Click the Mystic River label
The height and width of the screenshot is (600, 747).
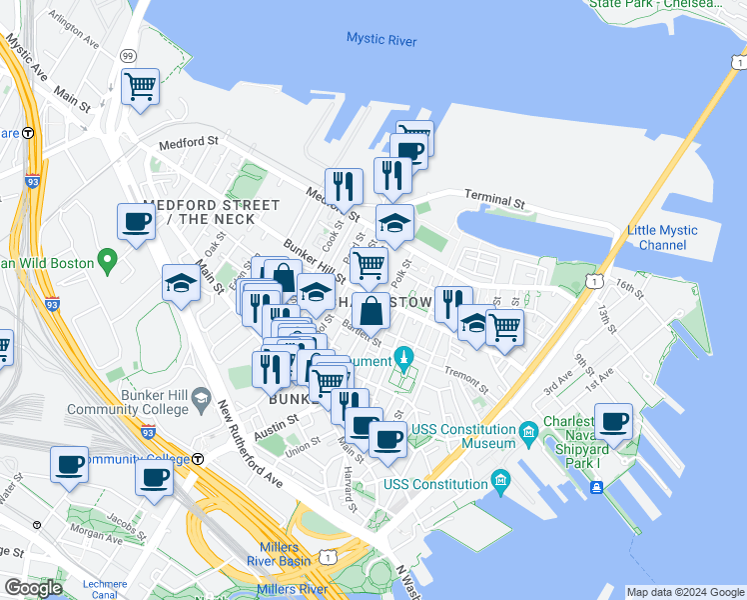coord(380,40)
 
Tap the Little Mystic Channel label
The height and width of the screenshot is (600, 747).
coord(662,238)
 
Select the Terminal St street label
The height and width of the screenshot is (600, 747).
coord(494,200)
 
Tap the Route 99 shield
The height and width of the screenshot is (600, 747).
coord(128,56)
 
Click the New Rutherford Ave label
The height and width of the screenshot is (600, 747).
coord(256,445)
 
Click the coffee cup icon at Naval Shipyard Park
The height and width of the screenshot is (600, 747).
coord(613,421)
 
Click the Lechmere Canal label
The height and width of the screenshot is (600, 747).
coord(105,590)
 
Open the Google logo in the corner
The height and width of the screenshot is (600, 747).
coord(33,588)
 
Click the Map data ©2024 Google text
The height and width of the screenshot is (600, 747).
coord(684,592)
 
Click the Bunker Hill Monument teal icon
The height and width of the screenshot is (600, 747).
coord(404,356)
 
